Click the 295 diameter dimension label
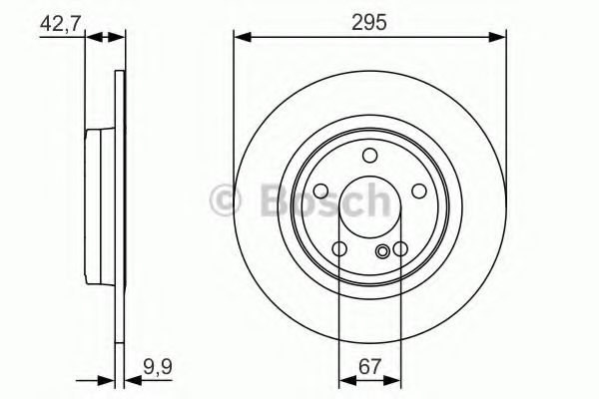point(368,21)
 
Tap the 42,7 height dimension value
point(59,21)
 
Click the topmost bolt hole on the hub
point(369,155)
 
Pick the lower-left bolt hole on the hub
point(339,248)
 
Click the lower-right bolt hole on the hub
point(400,248)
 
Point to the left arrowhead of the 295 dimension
point(240,39)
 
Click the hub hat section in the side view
point(99,204)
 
